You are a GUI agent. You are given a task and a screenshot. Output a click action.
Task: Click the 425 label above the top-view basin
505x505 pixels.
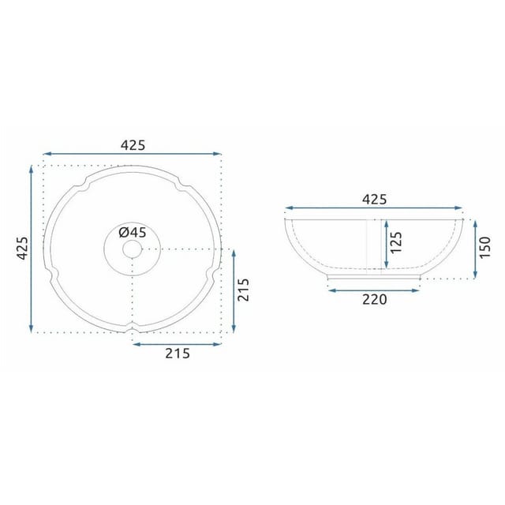(x=133, y=145)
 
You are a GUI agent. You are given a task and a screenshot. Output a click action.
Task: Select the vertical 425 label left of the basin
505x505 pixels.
(x=23, y=249)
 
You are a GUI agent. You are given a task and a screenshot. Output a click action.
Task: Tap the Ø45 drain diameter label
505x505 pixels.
(x=133, y=232)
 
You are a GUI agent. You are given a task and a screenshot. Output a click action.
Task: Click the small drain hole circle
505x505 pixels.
(x=133, y=249)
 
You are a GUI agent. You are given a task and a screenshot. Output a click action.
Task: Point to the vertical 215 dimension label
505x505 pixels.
(x=244, y=290)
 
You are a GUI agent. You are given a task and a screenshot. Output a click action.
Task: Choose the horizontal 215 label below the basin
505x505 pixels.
(x=178, y=353)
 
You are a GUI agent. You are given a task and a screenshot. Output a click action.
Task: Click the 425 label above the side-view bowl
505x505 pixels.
(x=374, y=200)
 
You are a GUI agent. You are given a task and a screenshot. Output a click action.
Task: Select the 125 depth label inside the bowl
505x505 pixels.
(x=396, y=242)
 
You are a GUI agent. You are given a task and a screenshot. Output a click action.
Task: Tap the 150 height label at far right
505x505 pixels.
(x=484, y=247)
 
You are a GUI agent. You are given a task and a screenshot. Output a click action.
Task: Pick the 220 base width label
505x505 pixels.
(x=374, y=300)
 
